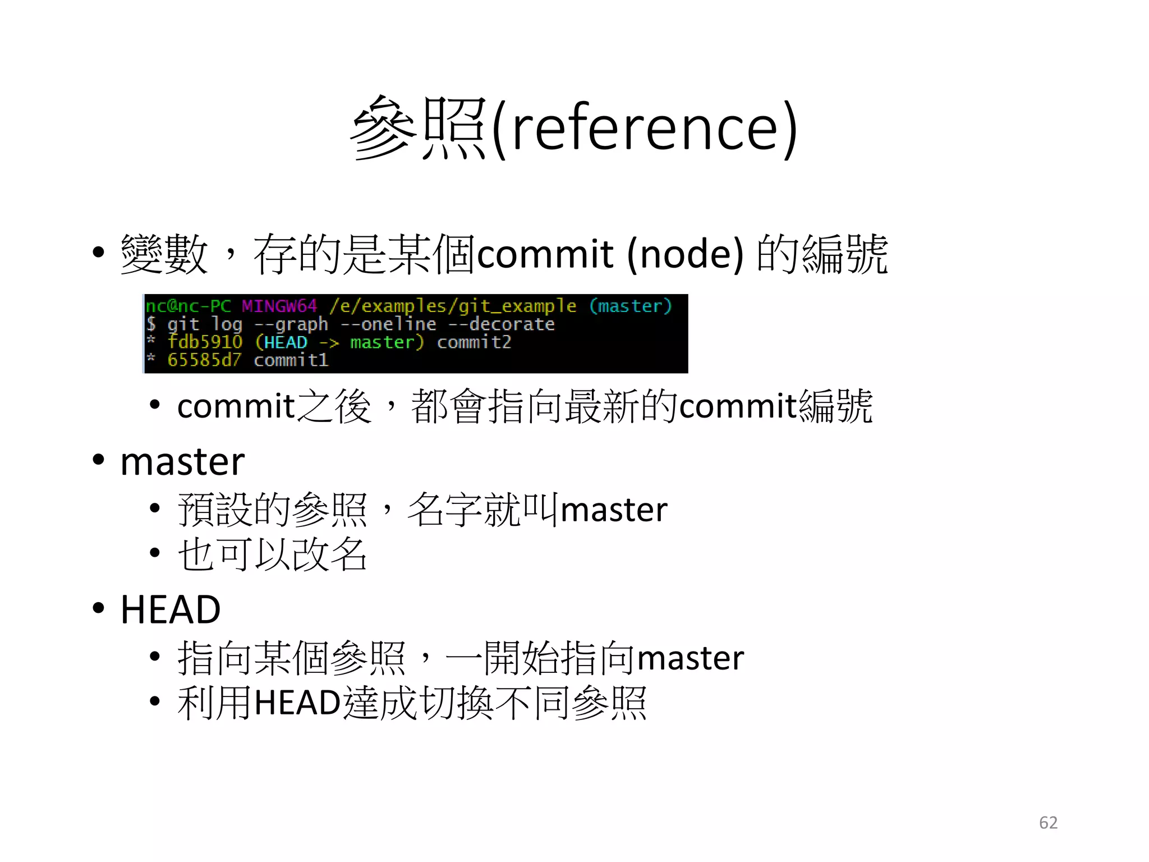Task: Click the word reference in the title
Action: [x=645, y=128]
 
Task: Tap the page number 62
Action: [x=1048, y=822]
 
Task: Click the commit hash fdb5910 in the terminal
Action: [x=205, y=342]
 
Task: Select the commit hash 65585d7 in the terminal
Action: [x=204, y=360]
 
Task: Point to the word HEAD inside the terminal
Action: [x=286, y=342]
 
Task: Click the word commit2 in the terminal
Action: [x=474, y=342]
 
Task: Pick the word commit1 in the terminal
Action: [x=291, y=360]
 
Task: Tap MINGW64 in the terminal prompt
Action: [x=279, y=306]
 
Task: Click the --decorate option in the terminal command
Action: [x=501, y=324]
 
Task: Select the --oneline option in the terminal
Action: [x=388, y=324]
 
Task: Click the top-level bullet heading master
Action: [x=182, y=462]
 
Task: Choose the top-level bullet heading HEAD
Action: [x=171, y=609]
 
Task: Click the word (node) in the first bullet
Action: [x=685, y=254]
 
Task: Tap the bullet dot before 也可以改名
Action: [x=155, y=553]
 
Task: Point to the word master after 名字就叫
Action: [x=614, y=510]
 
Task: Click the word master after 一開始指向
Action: [x=691, y=658]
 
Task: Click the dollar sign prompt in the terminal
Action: [x=151, y=324]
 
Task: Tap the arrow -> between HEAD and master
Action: [x=329, y=342]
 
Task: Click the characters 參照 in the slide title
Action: [x=418, y=128]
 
